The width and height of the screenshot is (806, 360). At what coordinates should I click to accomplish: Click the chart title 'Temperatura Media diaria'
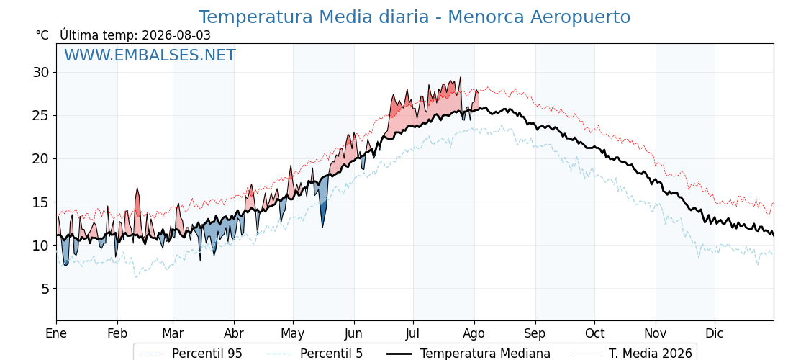[x=314, y=17]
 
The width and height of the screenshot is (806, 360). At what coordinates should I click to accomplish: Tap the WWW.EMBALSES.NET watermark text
[x=150, y=55]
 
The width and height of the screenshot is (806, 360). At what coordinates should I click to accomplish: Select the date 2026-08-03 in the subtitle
[x=176, y=35]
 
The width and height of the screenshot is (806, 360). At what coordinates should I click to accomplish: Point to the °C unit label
[x=42, y=35]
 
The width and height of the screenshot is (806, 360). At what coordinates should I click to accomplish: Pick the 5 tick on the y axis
[x=45, y=289]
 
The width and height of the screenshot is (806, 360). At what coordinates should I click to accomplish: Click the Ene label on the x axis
[x=57, y=333]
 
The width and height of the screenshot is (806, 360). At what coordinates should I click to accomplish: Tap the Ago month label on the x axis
[x=474, y=333]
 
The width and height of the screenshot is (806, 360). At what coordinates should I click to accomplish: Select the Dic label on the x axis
[x=715, y=333]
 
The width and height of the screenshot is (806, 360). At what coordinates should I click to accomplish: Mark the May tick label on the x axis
[x=293, y=333]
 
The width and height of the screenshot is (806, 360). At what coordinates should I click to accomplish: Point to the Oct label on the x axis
[x=594, y=333]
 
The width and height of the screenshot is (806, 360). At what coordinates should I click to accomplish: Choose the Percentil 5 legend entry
[x=315, y=354]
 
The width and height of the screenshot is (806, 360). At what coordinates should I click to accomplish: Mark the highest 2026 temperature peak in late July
[x=460, y=78]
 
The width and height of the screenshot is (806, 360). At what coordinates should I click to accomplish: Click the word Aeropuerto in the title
[x=580, y=17]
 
